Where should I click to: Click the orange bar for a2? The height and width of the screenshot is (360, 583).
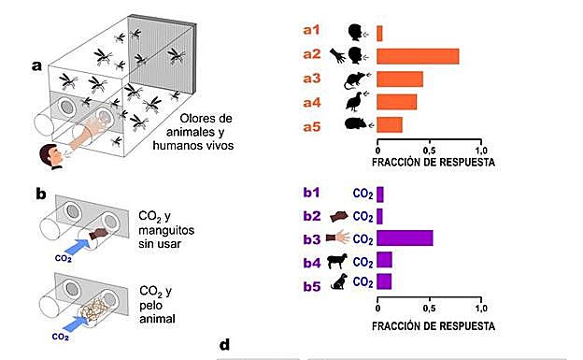(418, 56)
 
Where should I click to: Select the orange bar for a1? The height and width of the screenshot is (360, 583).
(379, 33)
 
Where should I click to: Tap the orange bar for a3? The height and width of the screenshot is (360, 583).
(400, 79)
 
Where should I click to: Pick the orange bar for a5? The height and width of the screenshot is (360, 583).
(390, 124)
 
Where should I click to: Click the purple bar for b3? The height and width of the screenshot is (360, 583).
(405, 237)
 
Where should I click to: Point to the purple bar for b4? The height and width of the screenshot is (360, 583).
(384, 259)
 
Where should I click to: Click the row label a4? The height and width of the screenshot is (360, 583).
(312, 101)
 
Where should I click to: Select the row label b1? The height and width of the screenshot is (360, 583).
(311, 194)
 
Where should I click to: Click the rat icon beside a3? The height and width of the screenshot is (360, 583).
(352, 79)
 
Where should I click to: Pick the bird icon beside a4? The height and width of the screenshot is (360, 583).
(352, 101)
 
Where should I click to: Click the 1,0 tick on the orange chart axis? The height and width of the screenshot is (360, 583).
(480, 150)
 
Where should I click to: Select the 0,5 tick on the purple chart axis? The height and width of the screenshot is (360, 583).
(429, 308)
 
